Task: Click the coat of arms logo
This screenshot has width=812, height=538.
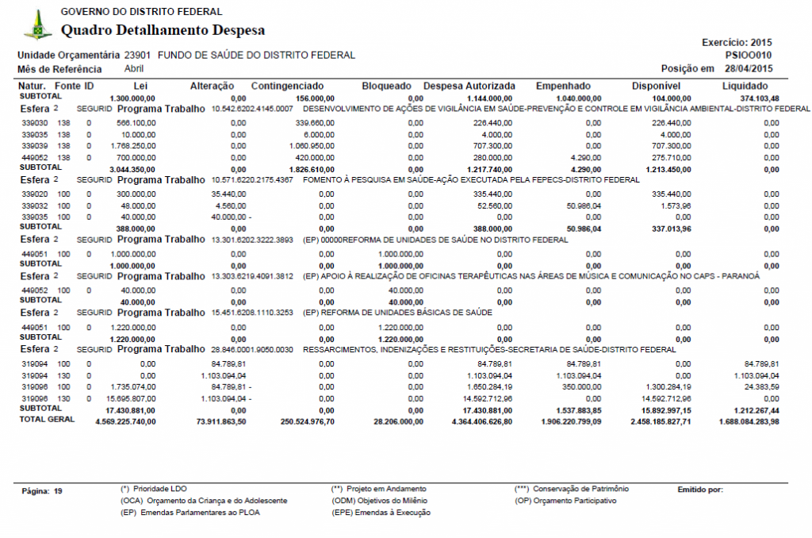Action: tap(36, 25)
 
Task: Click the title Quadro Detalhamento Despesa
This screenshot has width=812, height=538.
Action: tap(163, 31)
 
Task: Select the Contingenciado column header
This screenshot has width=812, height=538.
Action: tap(287, 86)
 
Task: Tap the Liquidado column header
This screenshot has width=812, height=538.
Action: tap(745, 86)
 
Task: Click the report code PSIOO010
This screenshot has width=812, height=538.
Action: tap(749, 56)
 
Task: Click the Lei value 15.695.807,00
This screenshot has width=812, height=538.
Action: tap(132, 398)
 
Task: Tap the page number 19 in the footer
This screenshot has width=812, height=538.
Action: tap(58, 492)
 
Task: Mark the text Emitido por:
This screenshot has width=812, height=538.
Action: tap(700, 490)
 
